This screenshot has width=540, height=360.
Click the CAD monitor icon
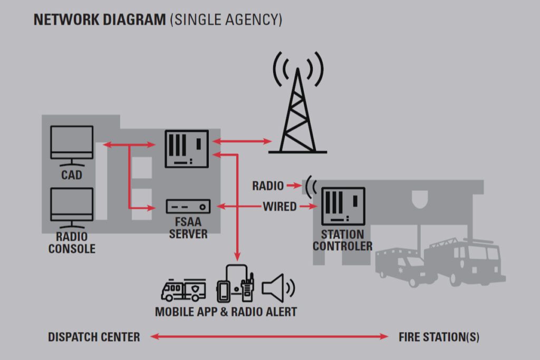pyautogui.click(x=72, y=142)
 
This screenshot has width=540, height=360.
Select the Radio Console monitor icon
pyautogui.click(x=72, y=205)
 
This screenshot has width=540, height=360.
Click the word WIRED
pyautogui.click(x=279, y=207)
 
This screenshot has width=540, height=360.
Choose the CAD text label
pyautogui.click(x=72, y=174)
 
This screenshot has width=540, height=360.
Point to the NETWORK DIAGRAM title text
pyautogui.click(x=100, y=20)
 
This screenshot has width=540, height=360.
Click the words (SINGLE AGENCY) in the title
pyautogui.click(x=226, y=20)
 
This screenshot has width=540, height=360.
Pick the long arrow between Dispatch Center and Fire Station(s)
pyautogui.click(x=269, y=337)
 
